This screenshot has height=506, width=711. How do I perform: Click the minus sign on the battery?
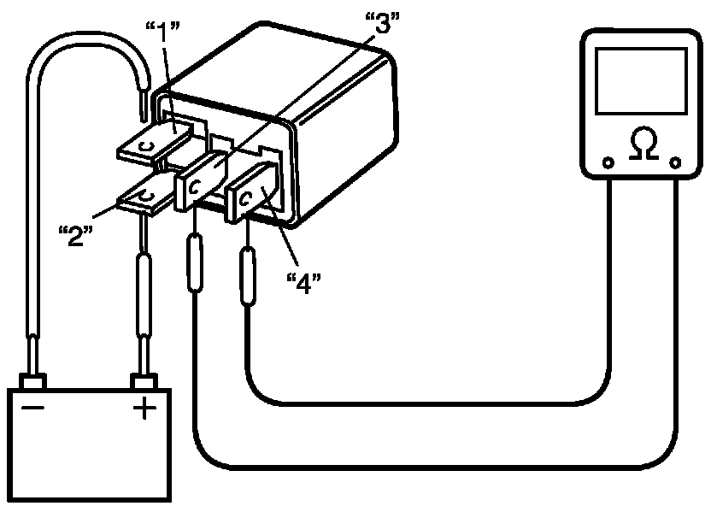tap(34, 409)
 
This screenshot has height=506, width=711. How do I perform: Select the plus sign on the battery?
tap(143, 409)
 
